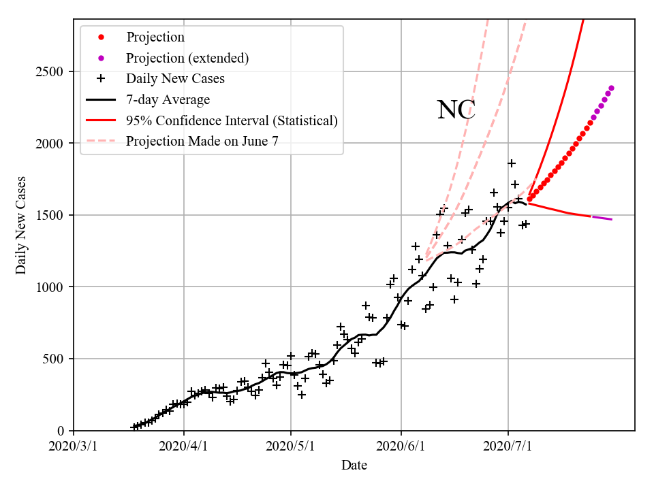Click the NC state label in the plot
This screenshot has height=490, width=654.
point(456,110)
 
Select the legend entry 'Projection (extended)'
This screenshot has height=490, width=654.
point(187,58)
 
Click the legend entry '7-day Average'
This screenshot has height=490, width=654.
point(168,99)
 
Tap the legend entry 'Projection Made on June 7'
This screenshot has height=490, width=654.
point(202,141)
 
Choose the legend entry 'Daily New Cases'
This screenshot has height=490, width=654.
point(175,78)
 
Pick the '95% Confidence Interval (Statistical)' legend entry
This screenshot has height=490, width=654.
point(232,120)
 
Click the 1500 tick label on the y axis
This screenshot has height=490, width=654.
point(50,215)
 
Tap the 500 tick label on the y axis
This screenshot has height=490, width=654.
point(53,359)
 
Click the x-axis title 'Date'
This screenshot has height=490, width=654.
point(354,465)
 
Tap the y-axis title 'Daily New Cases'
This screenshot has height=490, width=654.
point(21,225)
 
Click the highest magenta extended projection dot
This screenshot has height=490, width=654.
point(611,88)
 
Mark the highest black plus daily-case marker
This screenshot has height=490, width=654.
point(512,163)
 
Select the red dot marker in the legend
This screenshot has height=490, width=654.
point(101,37)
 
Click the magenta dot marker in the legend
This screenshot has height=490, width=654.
point(101,58)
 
